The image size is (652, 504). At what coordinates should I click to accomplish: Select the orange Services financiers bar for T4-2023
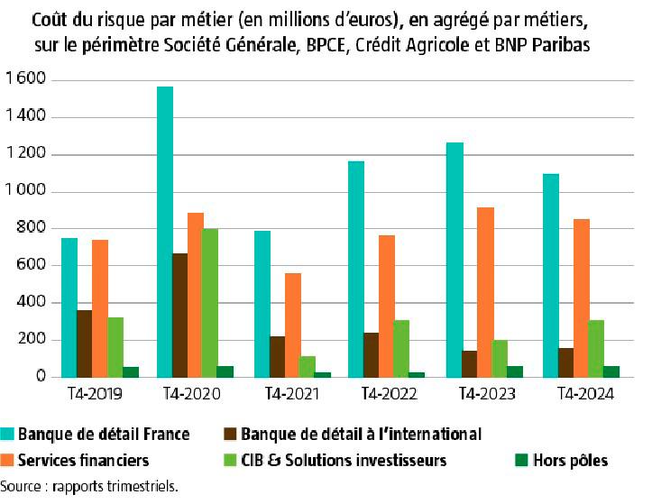tap(485, 292)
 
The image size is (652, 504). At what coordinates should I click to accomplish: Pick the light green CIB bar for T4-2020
tap(210, 303)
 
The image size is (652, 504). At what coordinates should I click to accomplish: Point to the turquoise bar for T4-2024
tap(551, 275)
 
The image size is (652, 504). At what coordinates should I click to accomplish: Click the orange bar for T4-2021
tap(293, 325)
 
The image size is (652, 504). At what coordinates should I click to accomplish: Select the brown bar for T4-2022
tap(372, 354)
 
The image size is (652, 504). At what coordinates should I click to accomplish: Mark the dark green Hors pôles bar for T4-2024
tap(612, 371)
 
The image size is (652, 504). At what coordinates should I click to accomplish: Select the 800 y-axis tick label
tap(32, 229)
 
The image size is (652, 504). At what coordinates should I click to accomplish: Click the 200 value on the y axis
tap(32, 340)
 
